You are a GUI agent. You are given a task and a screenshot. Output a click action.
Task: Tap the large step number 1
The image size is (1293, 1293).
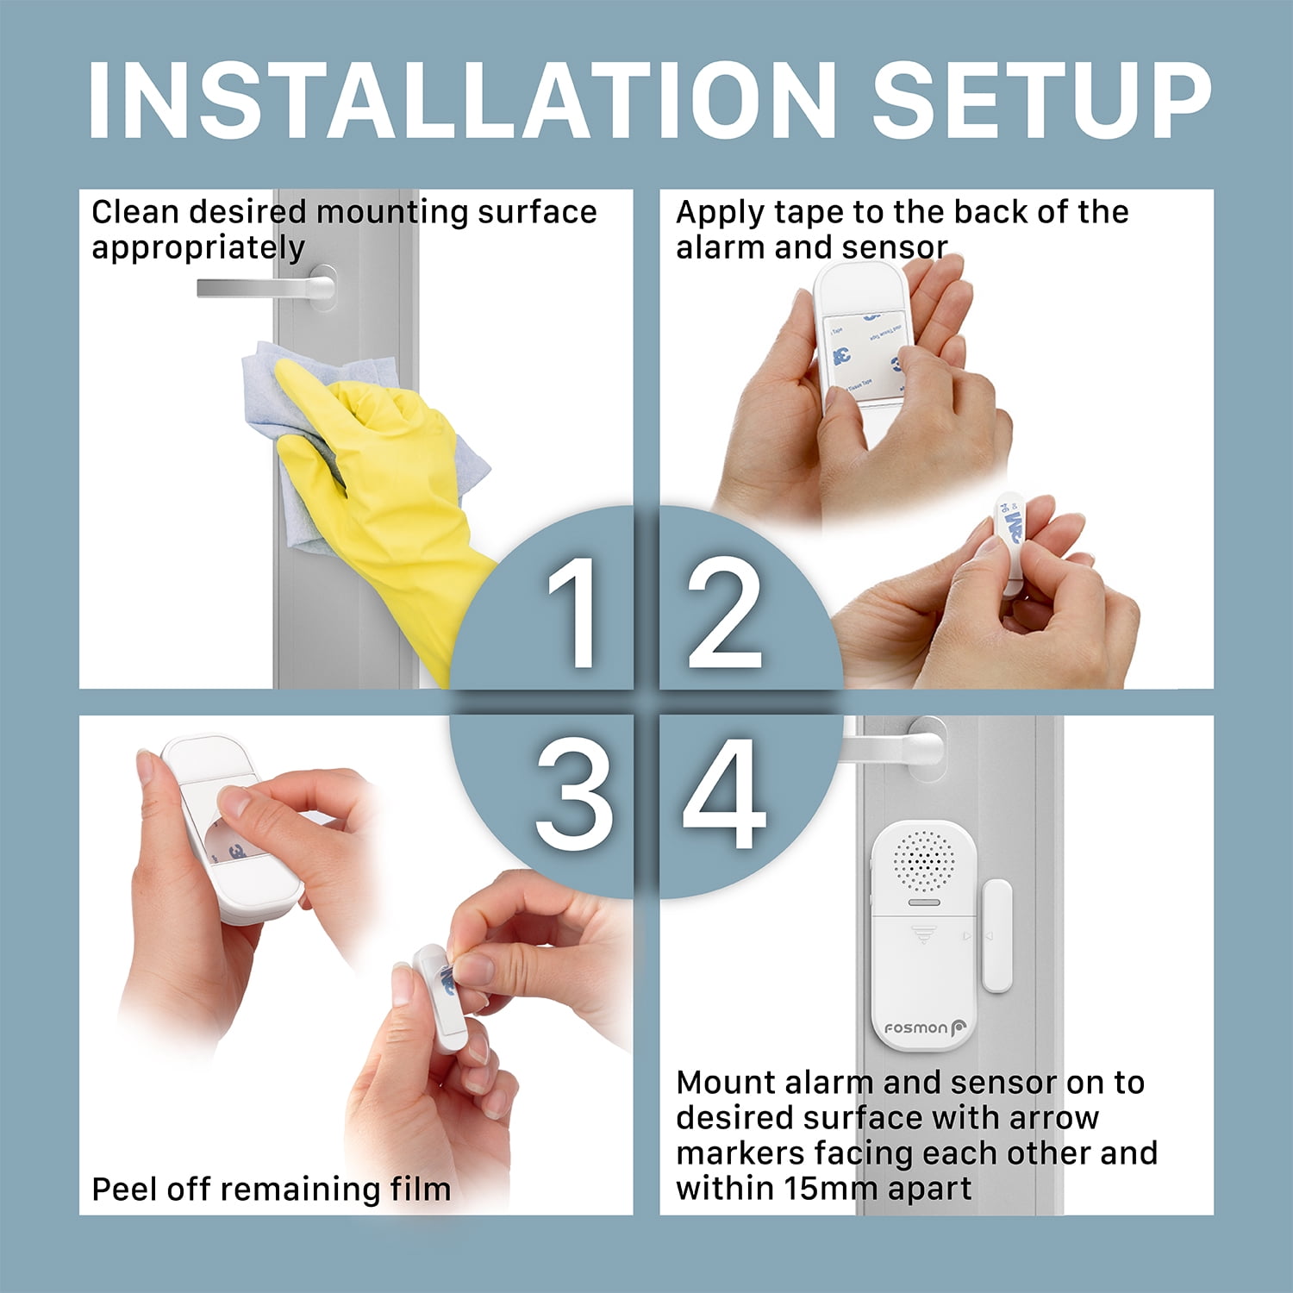pos(572,612)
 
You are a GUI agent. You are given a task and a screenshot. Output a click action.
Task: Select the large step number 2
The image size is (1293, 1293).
pos(724,612)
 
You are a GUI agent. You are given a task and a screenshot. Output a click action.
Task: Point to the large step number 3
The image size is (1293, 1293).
pos(574,795)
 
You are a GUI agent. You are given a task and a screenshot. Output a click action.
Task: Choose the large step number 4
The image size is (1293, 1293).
pos(724,795)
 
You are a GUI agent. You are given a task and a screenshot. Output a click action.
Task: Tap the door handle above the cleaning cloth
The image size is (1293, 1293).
pos(266,286)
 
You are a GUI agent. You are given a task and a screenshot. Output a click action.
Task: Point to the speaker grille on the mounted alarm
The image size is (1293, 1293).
pos(924,861)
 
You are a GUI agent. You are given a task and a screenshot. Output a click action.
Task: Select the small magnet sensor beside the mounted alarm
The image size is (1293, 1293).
pos(997,936)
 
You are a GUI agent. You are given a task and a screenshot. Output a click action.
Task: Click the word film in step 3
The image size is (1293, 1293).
pos(420,1190)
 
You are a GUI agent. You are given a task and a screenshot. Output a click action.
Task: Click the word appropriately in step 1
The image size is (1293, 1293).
pos(198,249)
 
